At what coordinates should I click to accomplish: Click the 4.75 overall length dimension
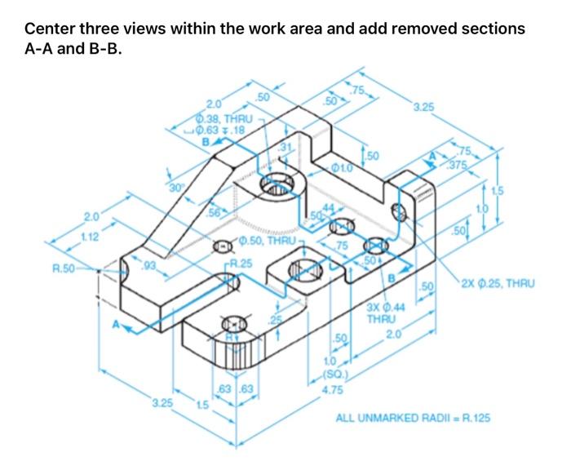pyautogui.click(x=331, y=390)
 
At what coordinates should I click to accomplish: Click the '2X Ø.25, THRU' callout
pyautogui.click(x=497, y=284)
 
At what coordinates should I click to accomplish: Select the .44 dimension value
pyautogui.click(x=329, y=209)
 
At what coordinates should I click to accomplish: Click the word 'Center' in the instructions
pyautogui.click(x=51, y=29)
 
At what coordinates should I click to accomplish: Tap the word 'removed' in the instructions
pyautogui.click(x=424, y=29)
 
